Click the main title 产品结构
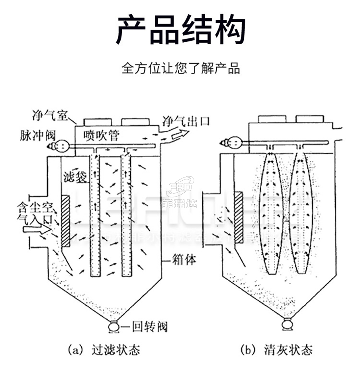click(x=180, y=30)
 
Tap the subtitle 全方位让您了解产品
click(x=180, y=68)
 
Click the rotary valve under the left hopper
click(x=113, y=327)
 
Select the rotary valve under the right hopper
click(x=286, y=324)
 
